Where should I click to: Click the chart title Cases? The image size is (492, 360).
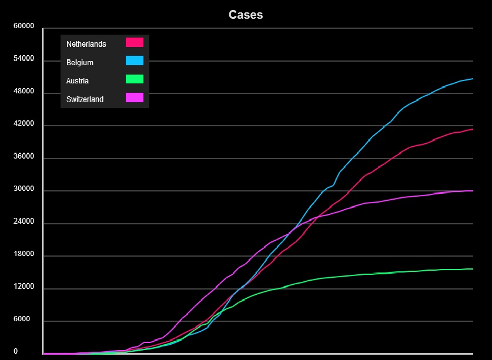[x=246, y=15]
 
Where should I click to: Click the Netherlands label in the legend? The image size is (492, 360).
[x=86, y=44]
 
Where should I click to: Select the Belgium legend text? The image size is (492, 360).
[x=80, y=62]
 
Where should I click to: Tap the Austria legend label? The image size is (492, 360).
[x=78, y=81]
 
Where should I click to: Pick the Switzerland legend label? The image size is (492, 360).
[x=85, y=99]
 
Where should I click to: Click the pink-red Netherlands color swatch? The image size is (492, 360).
[x=135, y=42]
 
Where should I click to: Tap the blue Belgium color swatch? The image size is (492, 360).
[x=135, y=60]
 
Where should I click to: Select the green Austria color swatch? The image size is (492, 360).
[x=135, y=79]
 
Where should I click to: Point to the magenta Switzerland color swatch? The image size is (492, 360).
[x=135, y=97]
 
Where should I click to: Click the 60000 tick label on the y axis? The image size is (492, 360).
[x=24, y=26]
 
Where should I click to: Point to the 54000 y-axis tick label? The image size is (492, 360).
[x=24, y=59]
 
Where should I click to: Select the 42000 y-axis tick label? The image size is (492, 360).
[x=24, y=125]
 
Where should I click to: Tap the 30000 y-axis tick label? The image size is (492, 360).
[x=24, y=190]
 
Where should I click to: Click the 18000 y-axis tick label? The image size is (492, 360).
[x=24, y=255]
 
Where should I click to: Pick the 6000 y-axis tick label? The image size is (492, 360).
[x=26, y=320]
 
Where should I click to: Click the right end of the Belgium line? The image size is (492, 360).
[x=473, y=79]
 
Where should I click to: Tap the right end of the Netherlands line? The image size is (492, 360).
[x=473, y=129]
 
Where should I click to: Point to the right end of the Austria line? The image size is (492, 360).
[x=473, y=269]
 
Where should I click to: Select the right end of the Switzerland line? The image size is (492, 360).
[x=473, y=191]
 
